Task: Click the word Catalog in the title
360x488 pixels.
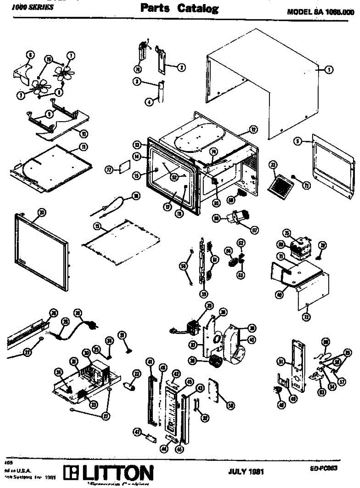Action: [197, 9]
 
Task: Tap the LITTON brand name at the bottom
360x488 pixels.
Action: [117, 473]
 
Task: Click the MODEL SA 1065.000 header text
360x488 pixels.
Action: [321, 12]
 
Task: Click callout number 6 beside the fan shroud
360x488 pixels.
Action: [29, 54]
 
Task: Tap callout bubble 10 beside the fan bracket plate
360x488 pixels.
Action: [83, 133]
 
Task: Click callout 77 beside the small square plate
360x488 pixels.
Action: [108, 170]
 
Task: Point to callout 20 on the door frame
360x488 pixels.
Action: [41, 211]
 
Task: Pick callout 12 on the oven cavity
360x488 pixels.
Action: [253, 130]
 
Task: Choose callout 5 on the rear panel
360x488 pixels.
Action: [298, 142]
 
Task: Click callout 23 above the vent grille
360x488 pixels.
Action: [273, 165]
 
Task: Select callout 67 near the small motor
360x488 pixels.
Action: [255, 229]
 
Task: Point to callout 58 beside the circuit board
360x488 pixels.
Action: [231, 405]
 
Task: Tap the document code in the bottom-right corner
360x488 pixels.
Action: [323, 468]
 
